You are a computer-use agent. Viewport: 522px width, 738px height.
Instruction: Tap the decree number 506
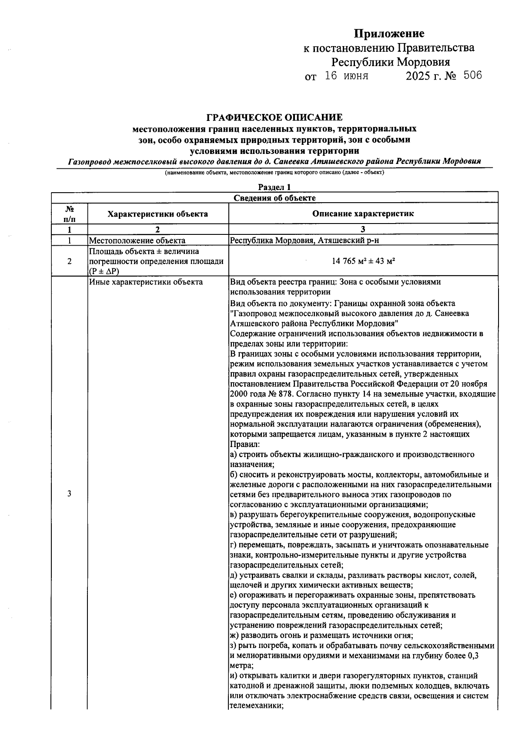tap(472, 76)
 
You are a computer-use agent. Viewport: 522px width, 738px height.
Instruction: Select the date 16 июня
tap(347, 76)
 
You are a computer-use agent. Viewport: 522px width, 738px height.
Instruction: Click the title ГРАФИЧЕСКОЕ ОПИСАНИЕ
tap(274, 117)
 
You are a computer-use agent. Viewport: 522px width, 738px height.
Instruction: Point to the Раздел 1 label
tap(274, 187)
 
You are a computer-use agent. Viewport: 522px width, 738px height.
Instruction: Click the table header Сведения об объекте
tap(274, 198)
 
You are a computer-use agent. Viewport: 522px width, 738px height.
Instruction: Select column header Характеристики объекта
tap(158, 214)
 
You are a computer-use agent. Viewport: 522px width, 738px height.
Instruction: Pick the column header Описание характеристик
tap(363, 214)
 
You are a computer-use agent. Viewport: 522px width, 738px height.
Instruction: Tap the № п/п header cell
tap(69, 214)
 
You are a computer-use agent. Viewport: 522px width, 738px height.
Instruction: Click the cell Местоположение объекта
tap(137, 240)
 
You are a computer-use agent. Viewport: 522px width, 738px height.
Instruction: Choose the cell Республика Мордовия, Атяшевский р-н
tap(308, 240)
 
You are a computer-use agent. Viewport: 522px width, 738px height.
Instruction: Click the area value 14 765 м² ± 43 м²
tap(363, 261)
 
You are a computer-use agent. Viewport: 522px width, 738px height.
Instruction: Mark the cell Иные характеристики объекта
tap(146, 282)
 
